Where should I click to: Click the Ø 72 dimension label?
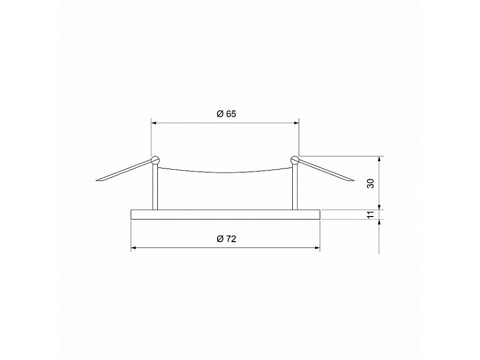pyautogui.click(x=226, y=239)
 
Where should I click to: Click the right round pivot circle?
pyautogui.click(x=294, y=159)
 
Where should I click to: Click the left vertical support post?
pyautogui.click(x=155, y=187)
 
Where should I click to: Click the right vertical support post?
pyautogui.click(x=294, y=187)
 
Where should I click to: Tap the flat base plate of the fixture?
pyautogui.click(x=225, y=214)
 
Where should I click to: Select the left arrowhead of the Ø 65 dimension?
pyautogui.click(x=154, y=123)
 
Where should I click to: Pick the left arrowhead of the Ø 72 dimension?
pyautogui.click(x=134, y=248)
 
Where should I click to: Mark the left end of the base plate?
pyautogui.click(x=132, y=214)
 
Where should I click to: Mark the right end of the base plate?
pyautogui.click(x=319, y=214)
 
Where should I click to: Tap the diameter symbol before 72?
pyautogui.click(x=220, y=239)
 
